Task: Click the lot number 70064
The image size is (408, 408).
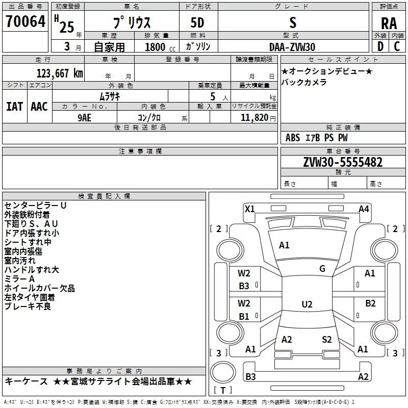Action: [25, 21]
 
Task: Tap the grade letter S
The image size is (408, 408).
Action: [293, 22]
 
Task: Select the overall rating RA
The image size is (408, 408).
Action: [389, 23]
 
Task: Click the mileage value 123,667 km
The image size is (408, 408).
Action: [60, 73]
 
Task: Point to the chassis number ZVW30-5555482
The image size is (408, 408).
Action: [343, 162]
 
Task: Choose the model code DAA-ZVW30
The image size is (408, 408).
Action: [292, 47]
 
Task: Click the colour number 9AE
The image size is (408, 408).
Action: [84, 118]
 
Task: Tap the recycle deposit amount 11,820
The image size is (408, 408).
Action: [254, 118]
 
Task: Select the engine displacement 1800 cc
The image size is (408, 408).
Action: [160, 47]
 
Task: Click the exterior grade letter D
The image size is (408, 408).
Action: [380, 46]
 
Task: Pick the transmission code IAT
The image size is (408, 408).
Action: [15, 107]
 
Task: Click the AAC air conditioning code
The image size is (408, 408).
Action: [39, 107]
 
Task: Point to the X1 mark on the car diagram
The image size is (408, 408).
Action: [250, 209]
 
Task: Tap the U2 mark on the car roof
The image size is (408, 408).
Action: [307, 304]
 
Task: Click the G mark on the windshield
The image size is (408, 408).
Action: [322, 269]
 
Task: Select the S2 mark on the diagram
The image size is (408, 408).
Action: [327, 339]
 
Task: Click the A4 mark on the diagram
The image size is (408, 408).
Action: [364, 209]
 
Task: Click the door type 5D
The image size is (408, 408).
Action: [197, 23]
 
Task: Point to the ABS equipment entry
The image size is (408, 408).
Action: [293, 138]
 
